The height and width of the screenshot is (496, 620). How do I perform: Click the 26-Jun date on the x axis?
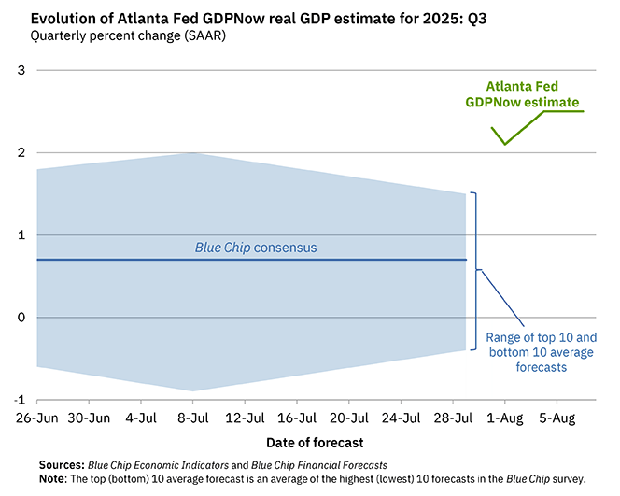(35, 418)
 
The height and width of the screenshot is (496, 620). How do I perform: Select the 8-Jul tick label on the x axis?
(192, 418)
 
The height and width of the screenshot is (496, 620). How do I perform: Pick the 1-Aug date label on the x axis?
(505, 418)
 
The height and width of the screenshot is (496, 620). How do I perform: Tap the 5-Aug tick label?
(557, 418)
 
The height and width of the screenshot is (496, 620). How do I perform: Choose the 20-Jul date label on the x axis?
(349, 418)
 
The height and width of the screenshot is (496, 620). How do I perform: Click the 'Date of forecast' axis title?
(309, 442)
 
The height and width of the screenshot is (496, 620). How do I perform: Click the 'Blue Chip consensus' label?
(256, 248)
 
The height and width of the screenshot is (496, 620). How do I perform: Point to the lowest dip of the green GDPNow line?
(505, 144)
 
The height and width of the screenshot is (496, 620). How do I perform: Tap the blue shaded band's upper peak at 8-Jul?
(192, 153)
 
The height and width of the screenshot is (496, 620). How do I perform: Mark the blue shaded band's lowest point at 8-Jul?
(192, 390)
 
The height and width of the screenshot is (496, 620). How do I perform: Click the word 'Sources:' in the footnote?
(61, 464)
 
